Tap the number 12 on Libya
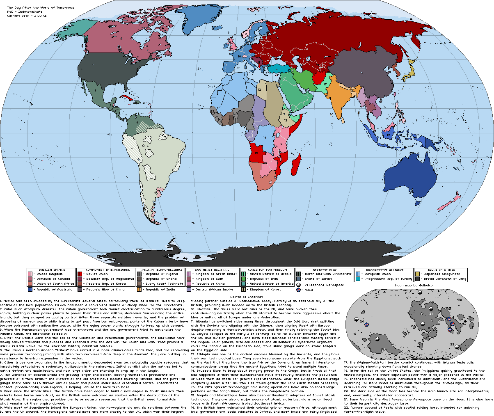pos(259,89)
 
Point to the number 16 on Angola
pos(256,153)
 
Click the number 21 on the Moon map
pos(431,313)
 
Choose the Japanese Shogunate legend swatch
pos(418,274)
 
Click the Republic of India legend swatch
pos(139,290)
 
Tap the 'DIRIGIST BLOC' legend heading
pos(325,270)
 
